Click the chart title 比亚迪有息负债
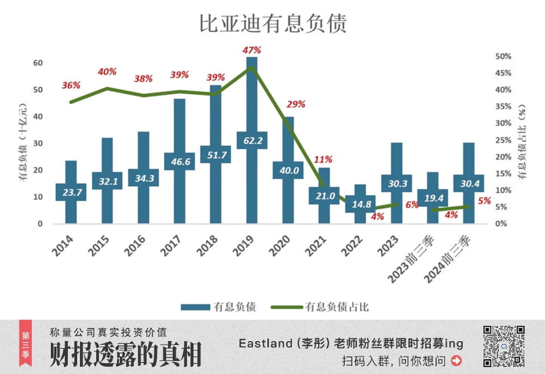click(272, 24)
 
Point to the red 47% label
click(252, 50)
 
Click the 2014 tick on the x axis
click(64, 245)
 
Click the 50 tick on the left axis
click(38, 89)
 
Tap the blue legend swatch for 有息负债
click(193, 307)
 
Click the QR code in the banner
click(504, 346)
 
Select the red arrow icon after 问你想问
click(456, 360)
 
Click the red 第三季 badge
click(25, 346)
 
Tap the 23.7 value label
click(71, 192)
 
